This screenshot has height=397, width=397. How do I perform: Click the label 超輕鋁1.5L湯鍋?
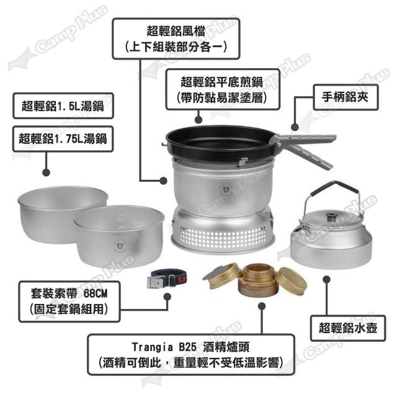[63, 106]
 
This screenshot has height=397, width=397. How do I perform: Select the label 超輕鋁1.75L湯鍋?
[63, 139]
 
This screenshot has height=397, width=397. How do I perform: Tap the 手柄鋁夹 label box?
[346, 97]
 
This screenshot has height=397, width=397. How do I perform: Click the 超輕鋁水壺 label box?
[348, 328]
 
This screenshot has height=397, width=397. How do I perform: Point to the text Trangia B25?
[164, 347]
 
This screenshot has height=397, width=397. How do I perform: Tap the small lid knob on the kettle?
[330, 217]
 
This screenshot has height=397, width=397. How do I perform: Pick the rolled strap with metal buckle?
[167, 279]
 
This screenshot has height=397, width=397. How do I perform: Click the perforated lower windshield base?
[223, 231]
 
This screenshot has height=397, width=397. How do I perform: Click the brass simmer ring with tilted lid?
[222, 277]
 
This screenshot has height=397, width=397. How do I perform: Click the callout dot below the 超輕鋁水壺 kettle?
[327, 279]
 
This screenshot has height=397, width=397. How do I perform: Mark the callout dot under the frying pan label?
[198, 120]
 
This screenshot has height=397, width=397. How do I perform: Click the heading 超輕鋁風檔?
[176, 31]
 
